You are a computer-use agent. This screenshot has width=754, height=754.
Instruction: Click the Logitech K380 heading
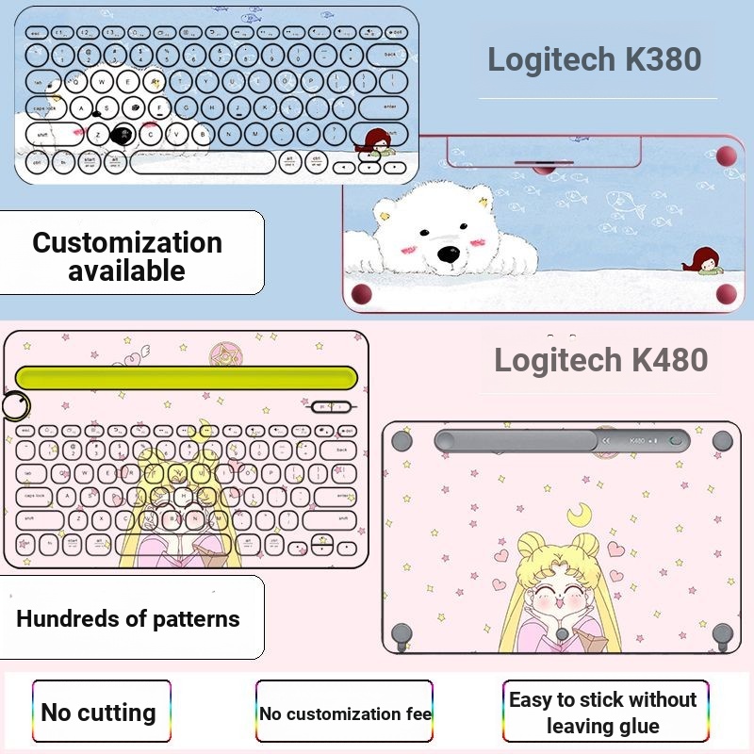coord(595,59)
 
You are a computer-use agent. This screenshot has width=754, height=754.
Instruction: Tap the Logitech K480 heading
coord(600,359)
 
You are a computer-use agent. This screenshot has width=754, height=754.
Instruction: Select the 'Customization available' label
coord(127,255)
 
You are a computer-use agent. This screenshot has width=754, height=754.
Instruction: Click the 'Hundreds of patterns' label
coord(128,619)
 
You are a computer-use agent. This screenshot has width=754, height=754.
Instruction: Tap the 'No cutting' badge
coord(99,712)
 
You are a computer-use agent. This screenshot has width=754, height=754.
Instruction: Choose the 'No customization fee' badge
coord(345,713)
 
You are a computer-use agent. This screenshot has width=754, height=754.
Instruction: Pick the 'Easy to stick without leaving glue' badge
coord(602,713)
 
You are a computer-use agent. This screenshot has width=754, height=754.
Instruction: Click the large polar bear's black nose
coord(449,254)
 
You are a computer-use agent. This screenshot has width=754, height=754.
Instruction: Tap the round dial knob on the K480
coord(15,405)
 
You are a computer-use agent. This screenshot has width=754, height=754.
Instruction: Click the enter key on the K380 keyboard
coord(389,107)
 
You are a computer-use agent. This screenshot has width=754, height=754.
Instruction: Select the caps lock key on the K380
coord(45,108)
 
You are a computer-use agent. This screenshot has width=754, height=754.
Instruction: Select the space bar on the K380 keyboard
coord(202,161)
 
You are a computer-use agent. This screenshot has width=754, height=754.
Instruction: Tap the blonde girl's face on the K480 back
coord(562,578)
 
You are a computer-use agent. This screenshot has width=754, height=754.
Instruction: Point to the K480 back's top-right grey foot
coord(723,439)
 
